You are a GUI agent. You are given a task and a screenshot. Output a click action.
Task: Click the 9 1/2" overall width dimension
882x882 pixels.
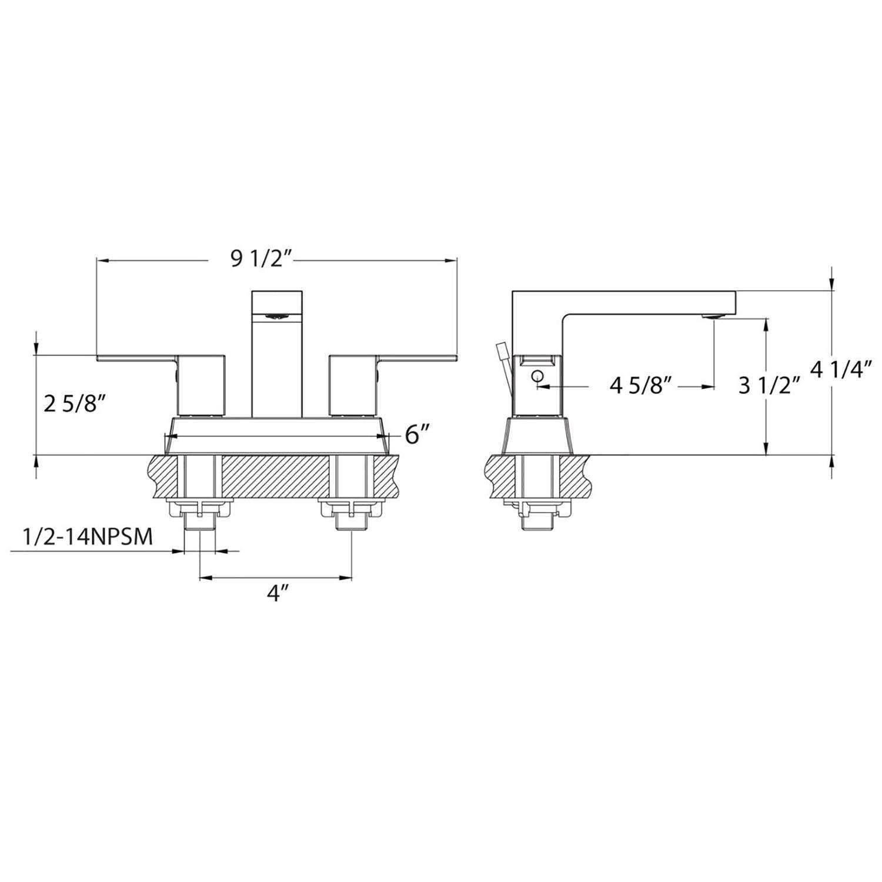pyautogui.click(x=262, y=259)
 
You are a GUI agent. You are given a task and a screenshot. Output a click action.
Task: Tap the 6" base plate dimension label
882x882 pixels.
pyautogui.click(x=414, y=435)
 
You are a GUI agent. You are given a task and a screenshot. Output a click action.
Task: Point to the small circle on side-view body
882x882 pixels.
pyautogui.click(x=536, y=377)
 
